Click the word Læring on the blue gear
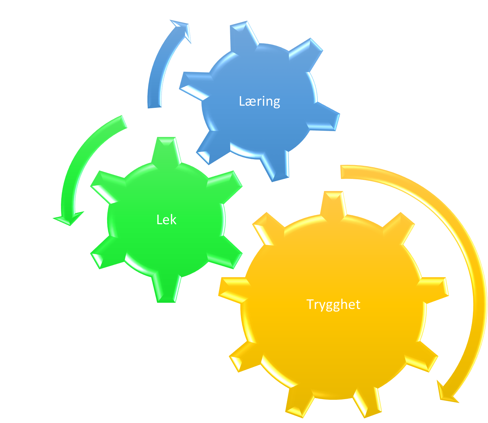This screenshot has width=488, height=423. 259,102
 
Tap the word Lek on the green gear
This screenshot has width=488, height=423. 166,220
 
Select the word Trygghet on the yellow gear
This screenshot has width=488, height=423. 333,304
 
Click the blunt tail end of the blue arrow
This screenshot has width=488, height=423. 155,107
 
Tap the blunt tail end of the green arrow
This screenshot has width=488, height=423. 124,122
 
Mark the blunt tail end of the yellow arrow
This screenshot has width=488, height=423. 341,172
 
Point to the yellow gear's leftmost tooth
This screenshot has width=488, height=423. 234,290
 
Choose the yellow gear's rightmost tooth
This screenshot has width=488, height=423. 433,290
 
